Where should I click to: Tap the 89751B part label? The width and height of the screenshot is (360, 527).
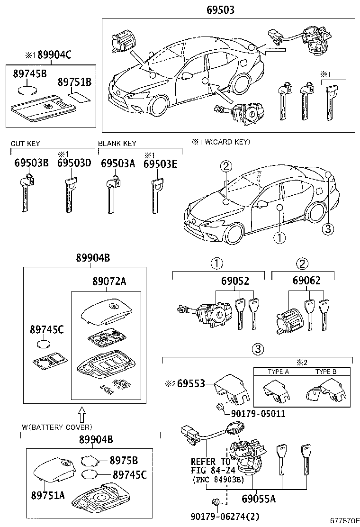click(74, 82)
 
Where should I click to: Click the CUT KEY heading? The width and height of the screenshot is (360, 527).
click(26, 143)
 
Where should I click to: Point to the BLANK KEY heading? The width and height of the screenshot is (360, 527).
click(117, 143)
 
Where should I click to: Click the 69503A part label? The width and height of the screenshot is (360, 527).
click(118, 164)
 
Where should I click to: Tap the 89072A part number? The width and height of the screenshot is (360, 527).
click(109, 282)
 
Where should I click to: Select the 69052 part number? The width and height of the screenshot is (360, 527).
click(235, 281)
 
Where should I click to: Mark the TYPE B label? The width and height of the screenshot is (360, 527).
click(326, 372)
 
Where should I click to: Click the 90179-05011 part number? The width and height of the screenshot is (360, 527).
click(258, 414)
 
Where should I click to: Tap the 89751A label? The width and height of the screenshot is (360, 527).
click(47, 496)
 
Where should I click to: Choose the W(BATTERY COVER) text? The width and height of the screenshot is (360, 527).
click(57, 427)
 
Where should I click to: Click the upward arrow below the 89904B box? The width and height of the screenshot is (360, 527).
click(81, 414)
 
